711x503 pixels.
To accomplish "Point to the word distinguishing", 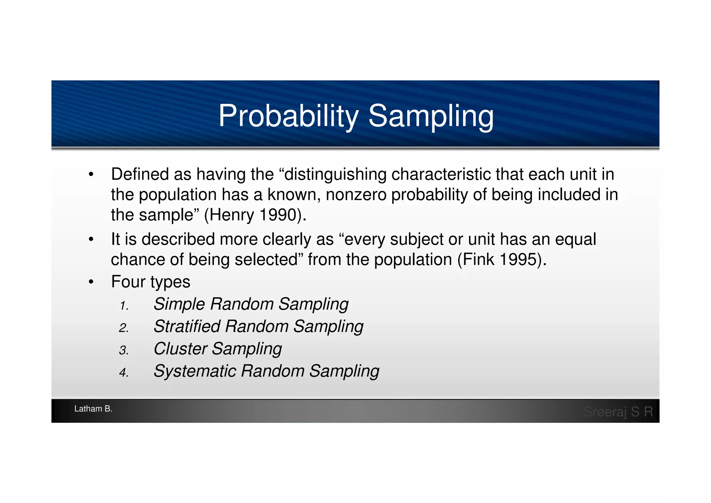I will (x=335, y=175).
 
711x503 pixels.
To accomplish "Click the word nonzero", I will (x=356, y=195).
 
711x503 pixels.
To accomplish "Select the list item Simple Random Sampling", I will (x=251, y=304).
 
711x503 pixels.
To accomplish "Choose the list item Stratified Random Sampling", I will (x=258, y=326).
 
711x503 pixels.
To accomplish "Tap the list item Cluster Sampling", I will (x=218, y=349).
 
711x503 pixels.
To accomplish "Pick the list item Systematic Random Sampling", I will (x=266, y=371).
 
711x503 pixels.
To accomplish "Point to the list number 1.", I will (x=124, y=306).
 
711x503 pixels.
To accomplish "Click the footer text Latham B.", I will (x=93, y=409).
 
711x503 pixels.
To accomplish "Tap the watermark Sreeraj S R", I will (x=618, y=412).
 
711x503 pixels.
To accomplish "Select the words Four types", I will (x=151, y=282).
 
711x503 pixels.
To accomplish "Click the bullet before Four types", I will (x=91, y=282).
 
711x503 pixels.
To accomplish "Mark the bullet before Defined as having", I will (x=91, y=175).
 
